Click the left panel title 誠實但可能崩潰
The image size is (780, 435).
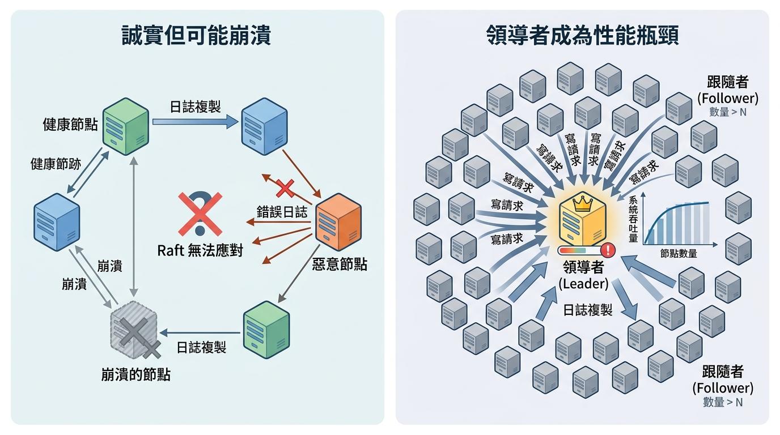(x=196, y=36)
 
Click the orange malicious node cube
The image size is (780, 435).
(x=338, y=221)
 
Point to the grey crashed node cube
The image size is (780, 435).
(x=134, y=332)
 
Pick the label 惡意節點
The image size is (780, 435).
(x=340, y=264)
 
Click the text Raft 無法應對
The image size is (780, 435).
(x=200, y=250)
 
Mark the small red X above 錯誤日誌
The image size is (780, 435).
(x=284, y=187)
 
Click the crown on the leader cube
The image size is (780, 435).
(x=582, y=203)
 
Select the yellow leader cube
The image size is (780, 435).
(x=582, y=221)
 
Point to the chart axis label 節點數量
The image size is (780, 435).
(x=679, y=254)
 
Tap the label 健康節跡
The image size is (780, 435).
(x=56, y=164)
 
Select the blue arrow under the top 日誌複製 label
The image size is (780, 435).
(x=194, y=120)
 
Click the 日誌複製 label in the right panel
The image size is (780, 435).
(x=587, y=310)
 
